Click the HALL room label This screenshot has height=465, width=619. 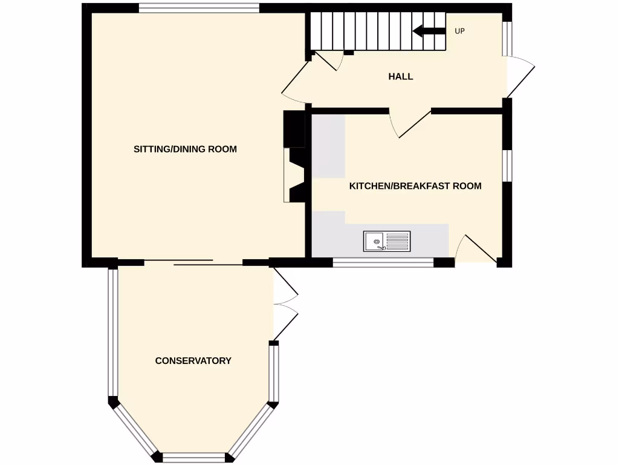[401, 76]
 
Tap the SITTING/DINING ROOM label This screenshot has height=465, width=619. [185, 149]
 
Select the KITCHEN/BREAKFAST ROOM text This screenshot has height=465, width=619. [415, 186]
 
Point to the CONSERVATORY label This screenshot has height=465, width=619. [193, 361]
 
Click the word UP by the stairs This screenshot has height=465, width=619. [459, 31]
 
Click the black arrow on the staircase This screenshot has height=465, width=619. [429, 31]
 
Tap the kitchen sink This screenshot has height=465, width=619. [386, 241]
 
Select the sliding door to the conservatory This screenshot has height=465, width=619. [193, 262]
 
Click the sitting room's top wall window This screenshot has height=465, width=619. [199, 8]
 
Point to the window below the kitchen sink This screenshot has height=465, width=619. [383, 262]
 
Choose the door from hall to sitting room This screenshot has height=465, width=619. [296, 82]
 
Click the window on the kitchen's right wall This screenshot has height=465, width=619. [508, 165]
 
